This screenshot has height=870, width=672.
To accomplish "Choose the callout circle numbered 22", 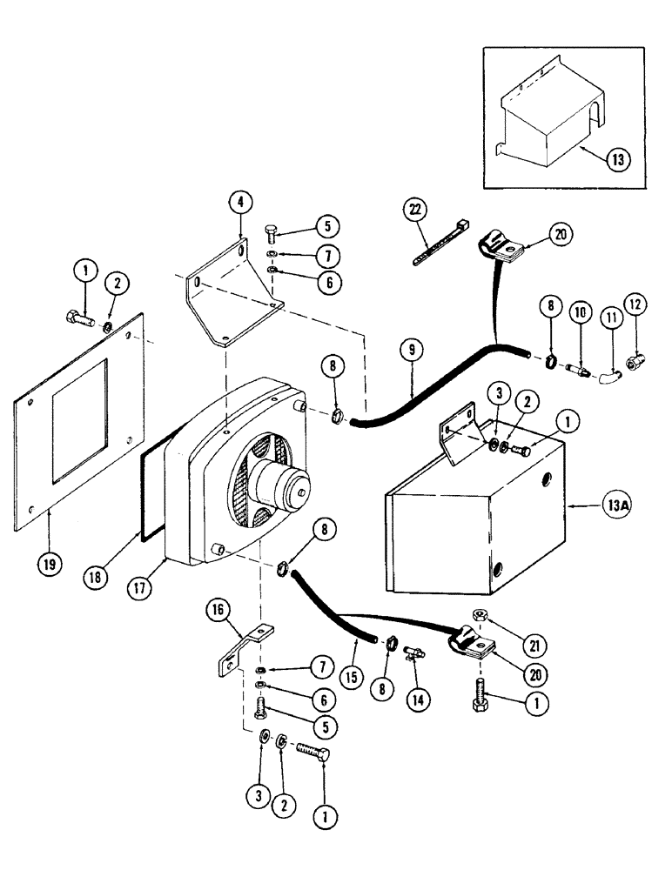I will pos(414,210).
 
